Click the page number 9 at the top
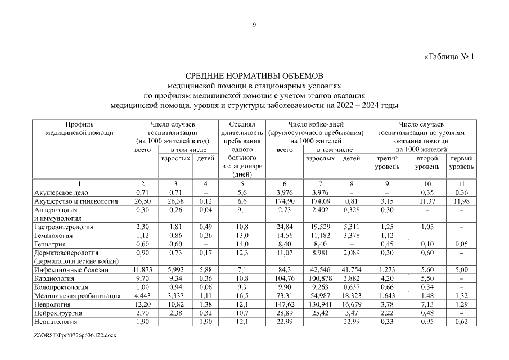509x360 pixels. click(x=254, y=25)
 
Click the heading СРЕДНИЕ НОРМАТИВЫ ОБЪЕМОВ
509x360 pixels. click(x=255, y=75)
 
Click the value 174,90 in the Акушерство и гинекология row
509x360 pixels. click(x=285, y=201)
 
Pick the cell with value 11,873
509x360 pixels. click(x=142, y=270)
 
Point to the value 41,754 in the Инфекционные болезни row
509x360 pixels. click(x=352, y=270)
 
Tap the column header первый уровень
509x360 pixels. click(x=461, y=163)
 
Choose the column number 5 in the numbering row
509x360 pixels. click(x=242, y=184)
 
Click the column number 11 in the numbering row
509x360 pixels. click(x=461, y=184)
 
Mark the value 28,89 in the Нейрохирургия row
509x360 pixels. click(x=285, y=313)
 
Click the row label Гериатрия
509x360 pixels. click(x=50, y=244)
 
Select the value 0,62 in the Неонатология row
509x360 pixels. click(x=461, y=322)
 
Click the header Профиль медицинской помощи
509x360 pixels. click(x=79, y=128)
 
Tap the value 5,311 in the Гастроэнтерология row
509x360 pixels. click(x=352, y=227)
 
